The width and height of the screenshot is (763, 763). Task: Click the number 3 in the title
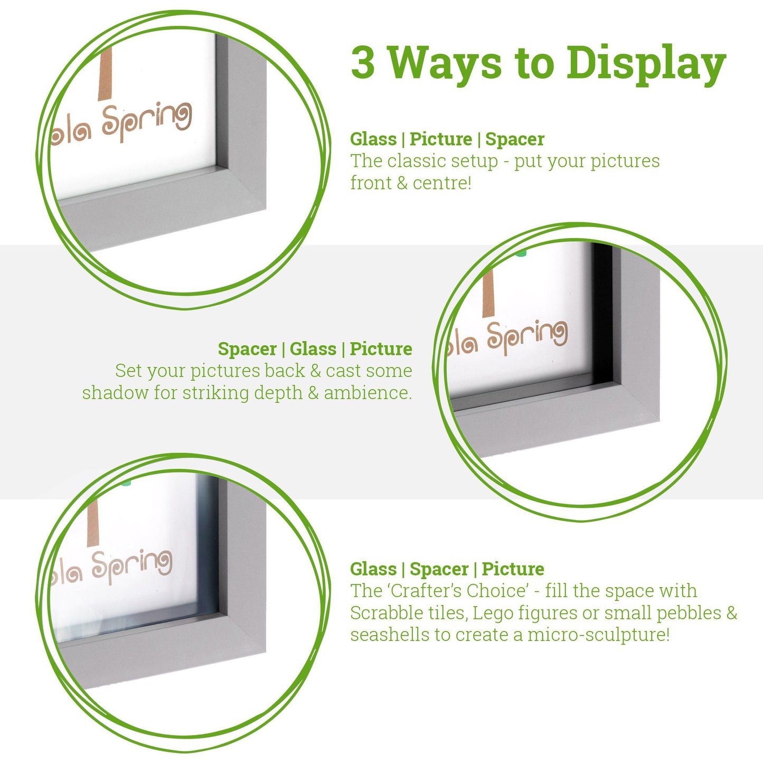363,62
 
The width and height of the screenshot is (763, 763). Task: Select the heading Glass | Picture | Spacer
447,139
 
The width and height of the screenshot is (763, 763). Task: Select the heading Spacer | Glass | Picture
315,349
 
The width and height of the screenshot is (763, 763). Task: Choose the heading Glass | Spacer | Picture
447,569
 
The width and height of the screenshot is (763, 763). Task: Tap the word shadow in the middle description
107,393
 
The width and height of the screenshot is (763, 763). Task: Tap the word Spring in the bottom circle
132,566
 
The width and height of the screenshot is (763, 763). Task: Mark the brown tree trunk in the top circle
105,73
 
